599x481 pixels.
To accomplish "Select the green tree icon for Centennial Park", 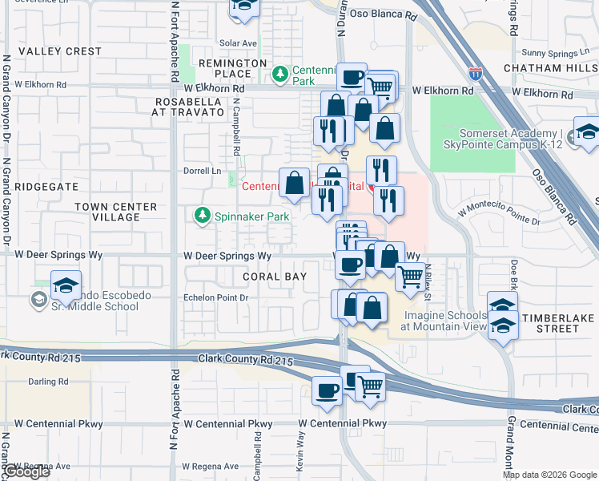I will coord(279,75).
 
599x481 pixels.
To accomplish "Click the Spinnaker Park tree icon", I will coord(202,216).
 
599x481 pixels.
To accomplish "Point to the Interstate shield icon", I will coord(476,75).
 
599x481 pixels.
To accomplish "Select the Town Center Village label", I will coord(107,212).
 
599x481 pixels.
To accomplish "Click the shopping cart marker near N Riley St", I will coord(410,278).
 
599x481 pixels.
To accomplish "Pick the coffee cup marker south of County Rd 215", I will coord(327,390).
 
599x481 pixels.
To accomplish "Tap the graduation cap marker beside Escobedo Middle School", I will coord(66,285).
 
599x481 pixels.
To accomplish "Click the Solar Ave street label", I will coord(238,43).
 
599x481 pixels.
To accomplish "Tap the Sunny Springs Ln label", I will coord(549,53).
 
